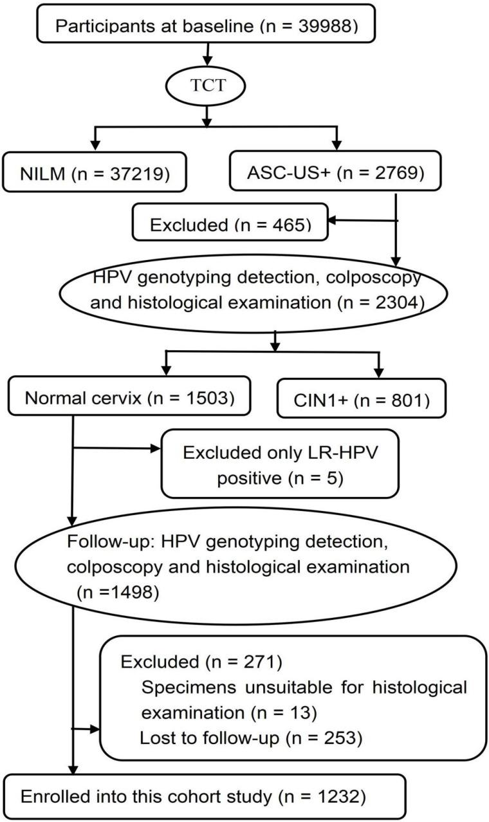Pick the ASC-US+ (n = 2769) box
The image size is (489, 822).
[x=335, y=172]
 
